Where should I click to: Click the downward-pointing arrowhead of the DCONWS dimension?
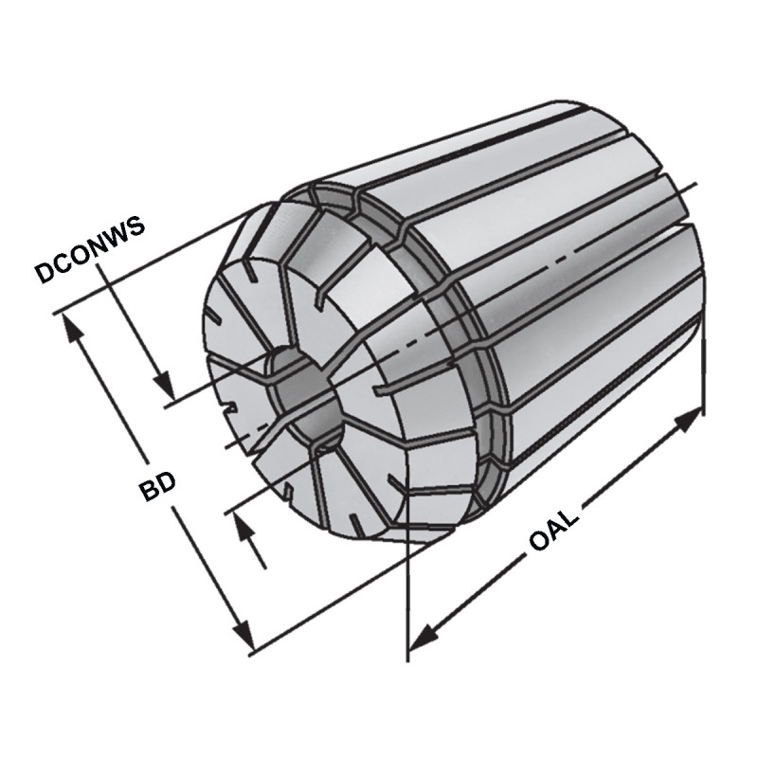(x=167, y=389)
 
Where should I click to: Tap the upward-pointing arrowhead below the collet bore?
(x=249, y=527)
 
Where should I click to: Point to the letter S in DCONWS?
(x=137, y=224)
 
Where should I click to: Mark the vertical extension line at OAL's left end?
(x=408, y=606)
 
